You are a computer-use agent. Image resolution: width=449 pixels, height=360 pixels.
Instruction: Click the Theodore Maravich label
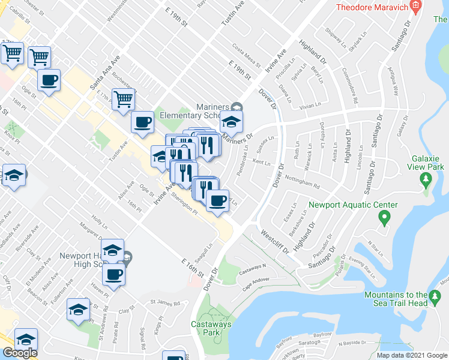(x=371, y=7)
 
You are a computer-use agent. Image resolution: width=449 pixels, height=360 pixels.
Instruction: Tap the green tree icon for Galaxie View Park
(x=426, y=178)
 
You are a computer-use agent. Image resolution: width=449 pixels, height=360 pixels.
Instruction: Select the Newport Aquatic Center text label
(x=345, y=205)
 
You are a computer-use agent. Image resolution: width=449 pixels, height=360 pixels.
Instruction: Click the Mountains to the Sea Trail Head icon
(x=433, y=295)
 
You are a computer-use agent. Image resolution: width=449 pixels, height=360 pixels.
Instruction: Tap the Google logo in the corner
(x=20, y=353)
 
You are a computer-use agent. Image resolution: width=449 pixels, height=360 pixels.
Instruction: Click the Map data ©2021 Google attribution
(x=412, y=355)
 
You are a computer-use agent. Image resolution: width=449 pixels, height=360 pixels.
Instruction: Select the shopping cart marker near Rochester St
(x=122, y=99)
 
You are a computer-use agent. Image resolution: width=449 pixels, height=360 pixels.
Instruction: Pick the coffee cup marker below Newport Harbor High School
(x=113, y=275)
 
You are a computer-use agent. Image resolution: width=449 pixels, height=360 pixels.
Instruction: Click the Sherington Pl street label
(x=184, y=206)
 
